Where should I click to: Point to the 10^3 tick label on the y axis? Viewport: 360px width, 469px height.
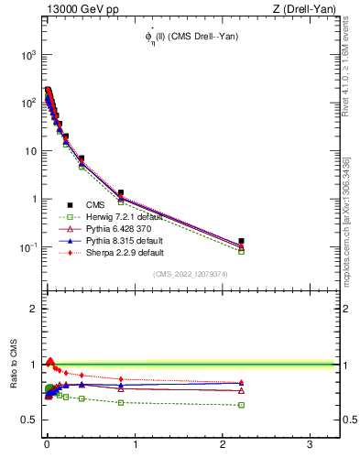tap(27, 55)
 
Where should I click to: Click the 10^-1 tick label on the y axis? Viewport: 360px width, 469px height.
tap(27, 247)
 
